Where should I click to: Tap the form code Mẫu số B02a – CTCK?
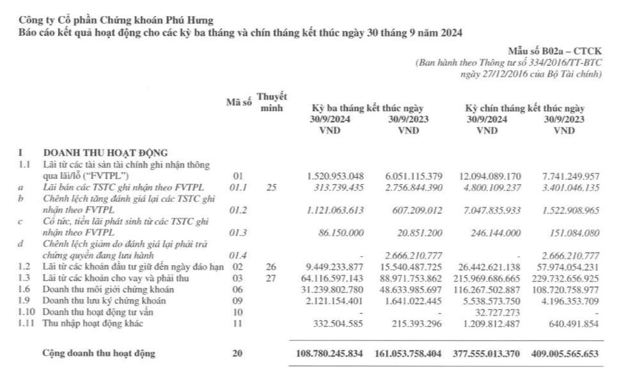tap(555, 51)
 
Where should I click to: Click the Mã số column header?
tap(239, 103)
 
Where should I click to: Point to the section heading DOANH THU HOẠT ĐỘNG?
tap(105, 153)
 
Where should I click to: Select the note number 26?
tap(271, 266)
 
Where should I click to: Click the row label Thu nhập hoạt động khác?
tap(93, 323)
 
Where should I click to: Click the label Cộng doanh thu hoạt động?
tap(98, 353)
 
